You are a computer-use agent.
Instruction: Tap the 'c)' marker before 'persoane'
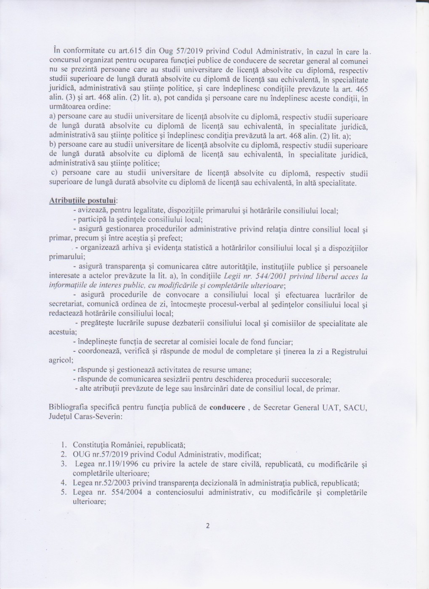pos(53,174)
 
